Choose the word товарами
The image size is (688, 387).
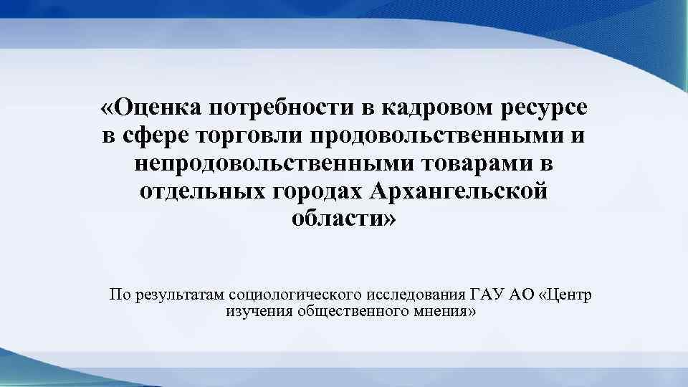click(x=477, y=163)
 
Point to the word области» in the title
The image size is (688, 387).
click(x=343, y=219)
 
